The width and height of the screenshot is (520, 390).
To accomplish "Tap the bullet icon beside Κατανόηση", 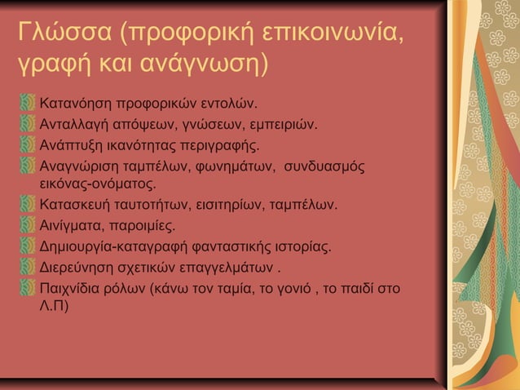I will click(x=30, y=105).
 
